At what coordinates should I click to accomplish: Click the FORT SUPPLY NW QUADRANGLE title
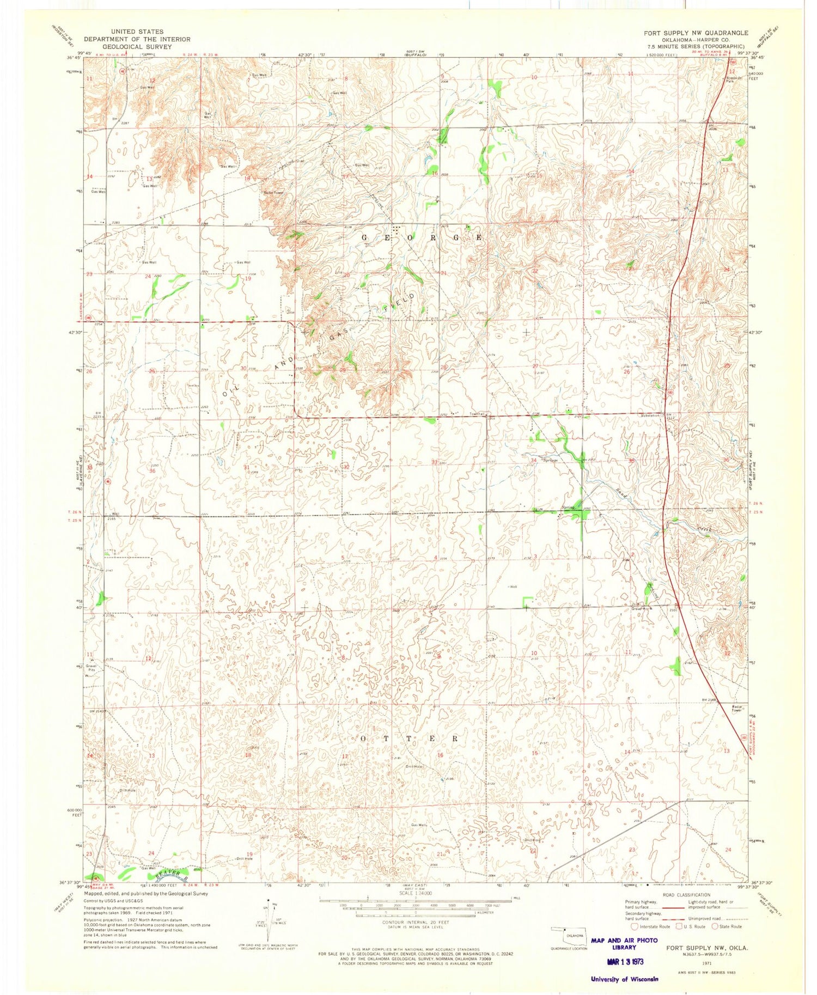point(696,33)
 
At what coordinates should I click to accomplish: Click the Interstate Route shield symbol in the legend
point(634,926)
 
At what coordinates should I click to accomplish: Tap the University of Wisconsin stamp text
point(624,979)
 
